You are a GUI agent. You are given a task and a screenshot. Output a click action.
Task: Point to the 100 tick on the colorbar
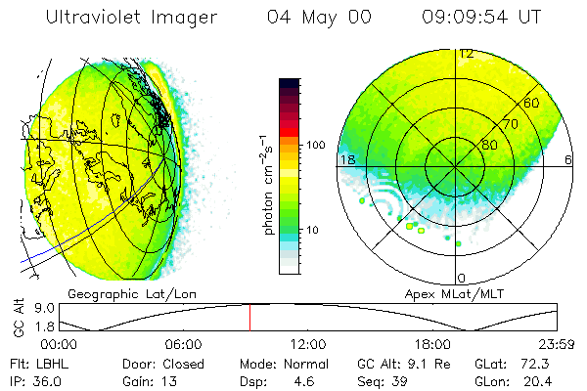click(x=316, y=145)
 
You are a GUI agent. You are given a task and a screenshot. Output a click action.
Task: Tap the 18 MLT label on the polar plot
click(x=345, y=159)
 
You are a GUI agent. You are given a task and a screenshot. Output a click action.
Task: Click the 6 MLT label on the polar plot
click(x=568, y=159)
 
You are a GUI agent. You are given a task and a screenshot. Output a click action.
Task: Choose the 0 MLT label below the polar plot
click(x=462, y=279)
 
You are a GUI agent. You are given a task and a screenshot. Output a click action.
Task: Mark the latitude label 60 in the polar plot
click(x=531, y=103)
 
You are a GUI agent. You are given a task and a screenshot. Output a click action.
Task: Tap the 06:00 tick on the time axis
click(x=183, y=344)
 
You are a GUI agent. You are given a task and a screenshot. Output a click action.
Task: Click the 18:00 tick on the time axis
click(x=432, y=344)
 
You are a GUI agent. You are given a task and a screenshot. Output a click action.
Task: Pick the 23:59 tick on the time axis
click(x=556, y=344)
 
